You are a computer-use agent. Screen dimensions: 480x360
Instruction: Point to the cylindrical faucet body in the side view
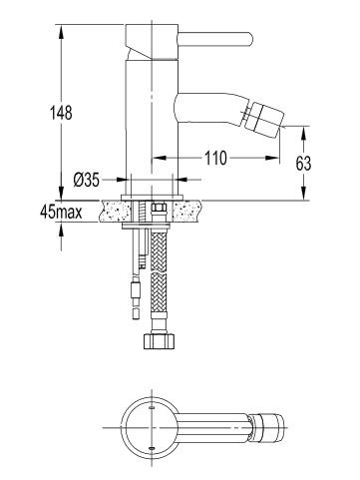pyautogui.click(x=150, y=120)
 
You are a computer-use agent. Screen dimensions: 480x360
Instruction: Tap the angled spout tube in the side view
pyautogui.click(x=214, y=106)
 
